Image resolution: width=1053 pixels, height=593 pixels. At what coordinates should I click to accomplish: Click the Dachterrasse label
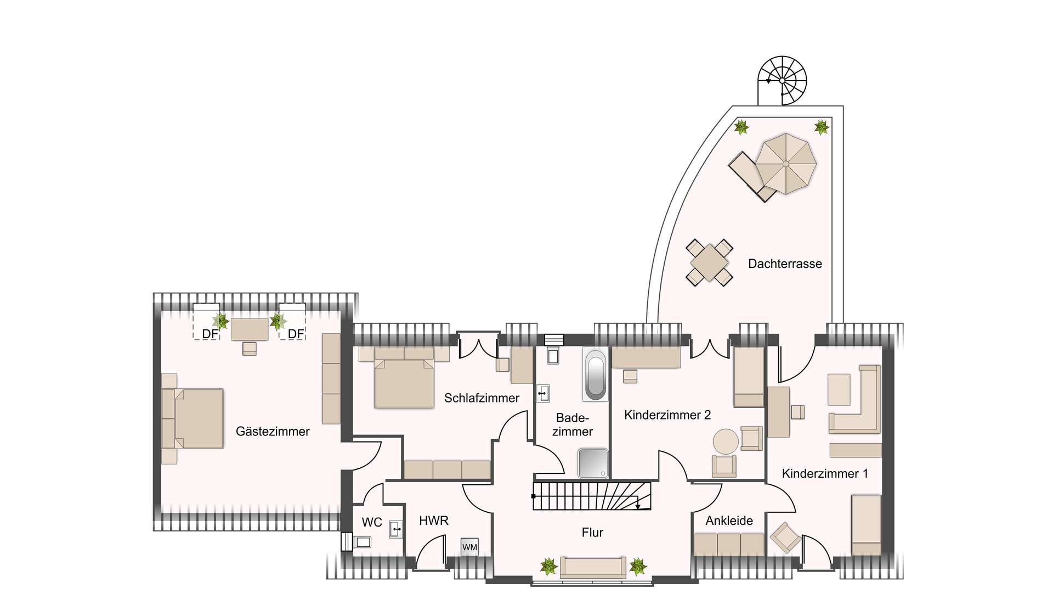click(785, 264)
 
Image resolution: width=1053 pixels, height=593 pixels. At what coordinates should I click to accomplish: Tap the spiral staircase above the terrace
click(783, 80)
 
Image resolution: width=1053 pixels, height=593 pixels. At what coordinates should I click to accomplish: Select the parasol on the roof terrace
click(785, 164)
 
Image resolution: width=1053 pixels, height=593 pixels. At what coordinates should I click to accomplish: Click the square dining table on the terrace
click(709, 262)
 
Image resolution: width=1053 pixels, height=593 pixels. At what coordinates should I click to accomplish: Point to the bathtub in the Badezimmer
click(595, 375)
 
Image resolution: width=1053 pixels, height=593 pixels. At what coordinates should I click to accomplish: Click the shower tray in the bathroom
click(592, 463)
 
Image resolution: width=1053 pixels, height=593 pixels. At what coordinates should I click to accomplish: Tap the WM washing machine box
click(469, 547)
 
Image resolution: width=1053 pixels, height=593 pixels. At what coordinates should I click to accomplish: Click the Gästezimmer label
click(273, 432)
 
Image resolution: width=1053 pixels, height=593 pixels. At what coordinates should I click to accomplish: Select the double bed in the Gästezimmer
click(197, 418)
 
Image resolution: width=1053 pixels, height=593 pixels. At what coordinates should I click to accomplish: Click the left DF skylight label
click(210, 334)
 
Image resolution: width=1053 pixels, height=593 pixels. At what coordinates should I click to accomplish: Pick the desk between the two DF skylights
click(250, 329)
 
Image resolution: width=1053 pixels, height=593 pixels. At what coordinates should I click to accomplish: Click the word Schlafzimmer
click(482, 398)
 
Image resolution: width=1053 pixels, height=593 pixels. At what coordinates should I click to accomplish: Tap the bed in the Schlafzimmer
click(404, 382)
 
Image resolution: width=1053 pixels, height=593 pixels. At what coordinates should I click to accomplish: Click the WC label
click(372, 522)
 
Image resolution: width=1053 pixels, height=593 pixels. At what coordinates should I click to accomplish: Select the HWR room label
click(433, 521)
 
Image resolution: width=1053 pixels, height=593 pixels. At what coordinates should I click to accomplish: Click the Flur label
click(592, 532)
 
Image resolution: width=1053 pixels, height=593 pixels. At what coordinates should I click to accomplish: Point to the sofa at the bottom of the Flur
click(592, 567)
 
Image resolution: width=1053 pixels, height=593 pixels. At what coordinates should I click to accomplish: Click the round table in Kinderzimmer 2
click(726, 441)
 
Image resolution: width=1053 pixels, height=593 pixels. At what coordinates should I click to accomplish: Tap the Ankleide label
click(729, 521)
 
